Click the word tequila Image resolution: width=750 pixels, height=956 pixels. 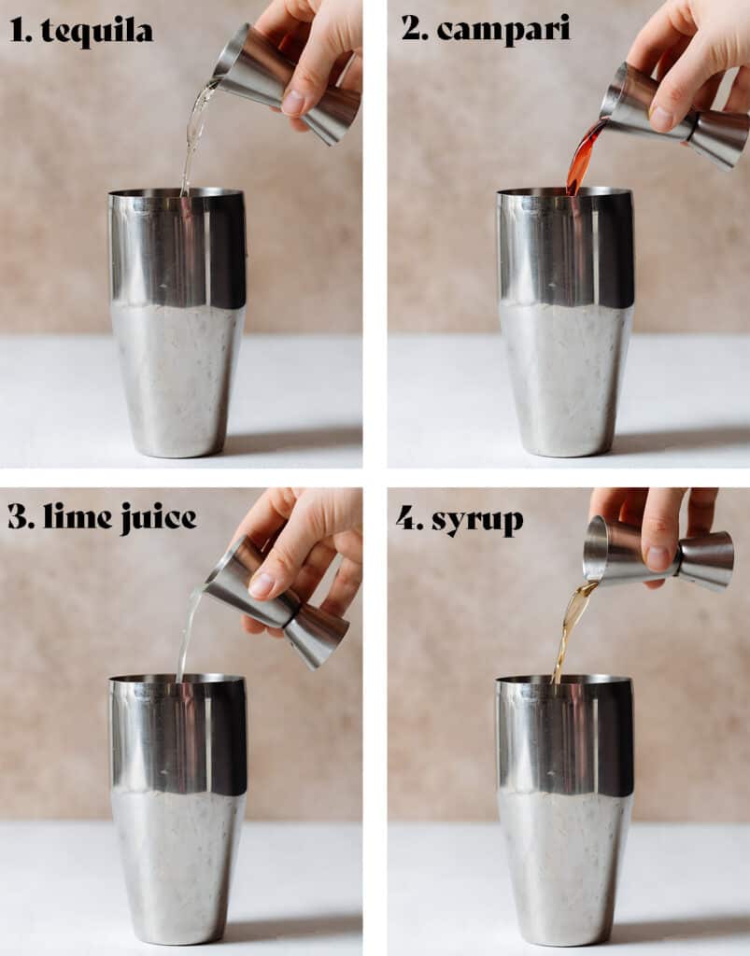click(97, 31)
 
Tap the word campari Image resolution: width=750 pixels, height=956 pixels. click(503, 29)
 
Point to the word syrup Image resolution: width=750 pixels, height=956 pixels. click(477, 521)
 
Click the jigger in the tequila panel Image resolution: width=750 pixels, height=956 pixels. click(287, 84)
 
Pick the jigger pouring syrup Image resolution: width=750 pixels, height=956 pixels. click(658, 554)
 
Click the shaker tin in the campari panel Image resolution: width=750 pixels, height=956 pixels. click(565, 322)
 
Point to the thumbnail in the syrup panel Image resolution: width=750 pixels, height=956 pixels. click(658, 557)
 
